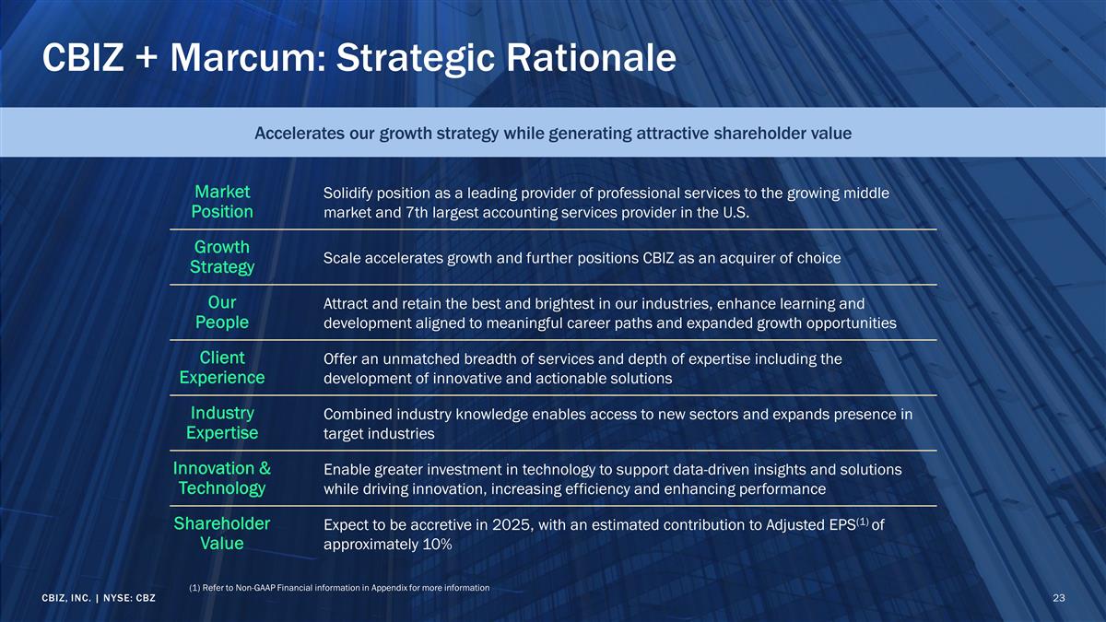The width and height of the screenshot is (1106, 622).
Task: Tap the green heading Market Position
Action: pyautogui.click(x=222, y=202)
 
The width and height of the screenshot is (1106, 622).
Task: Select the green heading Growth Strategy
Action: pyautogui.click(x=222, y=257)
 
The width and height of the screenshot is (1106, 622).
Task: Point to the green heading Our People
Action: pyautogui.click(x=222, y=312)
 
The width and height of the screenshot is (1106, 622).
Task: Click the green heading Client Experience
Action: pyautogui.click(x=222, y=368)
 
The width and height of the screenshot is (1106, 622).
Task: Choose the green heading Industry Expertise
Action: pyautogui.click(x=222, y=423)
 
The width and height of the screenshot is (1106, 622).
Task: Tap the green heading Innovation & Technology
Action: pyautogui.click(x=222, y=478)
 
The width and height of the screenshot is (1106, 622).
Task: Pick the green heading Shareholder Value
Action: pyautogui.click(x=222, y=534)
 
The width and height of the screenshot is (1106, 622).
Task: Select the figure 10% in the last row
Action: pyautogui.click(x=434, y=545)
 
